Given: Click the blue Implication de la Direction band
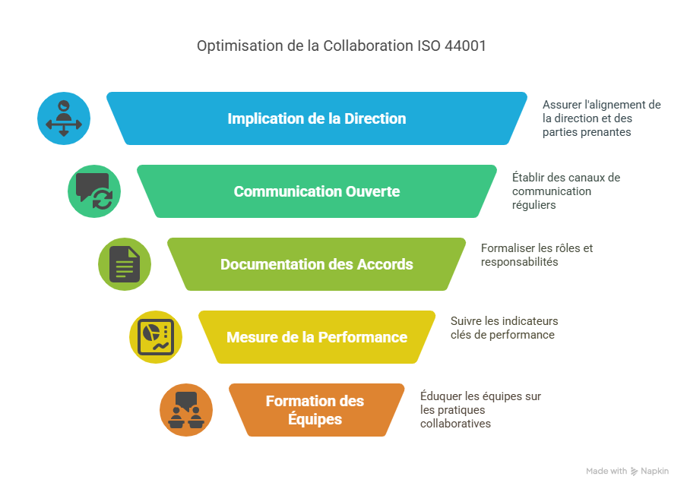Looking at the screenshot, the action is (317, 118).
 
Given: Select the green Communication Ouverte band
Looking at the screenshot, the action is (317, 191).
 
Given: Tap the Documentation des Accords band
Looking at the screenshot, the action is (317, 264).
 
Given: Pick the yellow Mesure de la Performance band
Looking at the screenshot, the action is (317, 337).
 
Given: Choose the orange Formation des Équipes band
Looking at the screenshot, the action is (317, 410).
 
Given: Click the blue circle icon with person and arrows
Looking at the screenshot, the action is (64, 118).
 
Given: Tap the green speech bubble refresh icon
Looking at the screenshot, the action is (94, 191).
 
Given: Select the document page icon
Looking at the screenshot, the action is (125, 264).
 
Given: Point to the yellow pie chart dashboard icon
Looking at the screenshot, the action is (156, 337).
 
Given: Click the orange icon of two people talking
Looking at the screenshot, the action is (186, 410).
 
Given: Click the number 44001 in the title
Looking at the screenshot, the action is (465, 46).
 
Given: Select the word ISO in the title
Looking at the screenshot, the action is (429, 46).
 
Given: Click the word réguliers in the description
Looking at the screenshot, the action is (533, 205).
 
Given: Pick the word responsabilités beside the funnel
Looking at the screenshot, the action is (520, 262).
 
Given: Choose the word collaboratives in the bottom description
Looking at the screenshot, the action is (456, 424).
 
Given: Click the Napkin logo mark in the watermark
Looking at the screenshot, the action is (635, 471).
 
